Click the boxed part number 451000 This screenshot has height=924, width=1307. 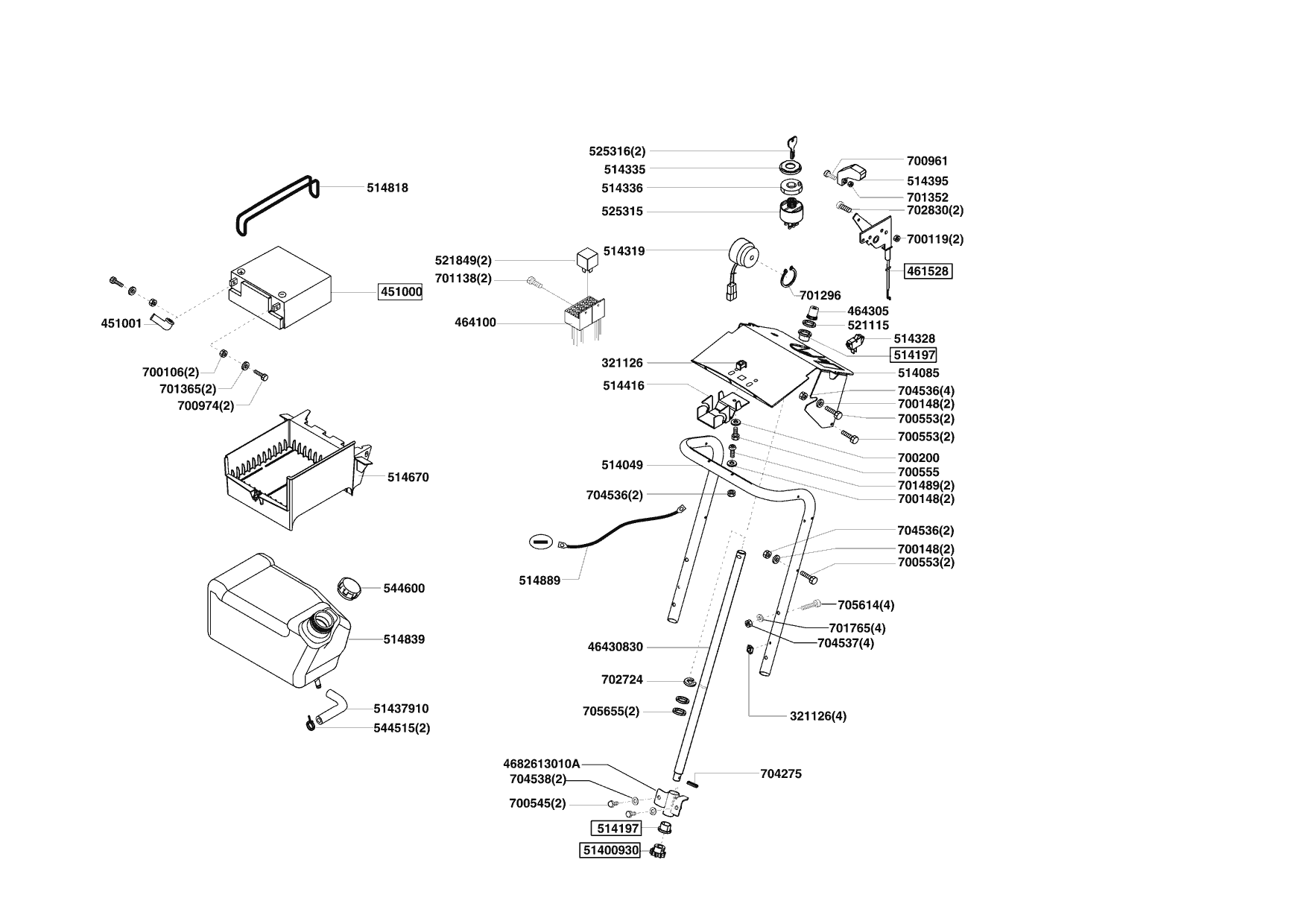coord(401,292)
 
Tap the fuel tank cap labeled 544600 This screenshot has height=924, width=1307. coord(348,586)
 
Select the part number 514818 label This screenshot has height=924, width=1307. coord(387,188)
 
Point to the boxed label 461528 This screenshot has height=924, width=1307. coord(928,271)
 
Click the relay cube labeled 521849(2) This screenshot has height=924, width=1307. coord(586,260)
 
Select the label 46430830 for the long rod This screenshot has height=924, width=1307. coord(615,647)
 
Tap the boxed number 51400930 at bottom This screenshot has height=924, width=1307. coord(610,850)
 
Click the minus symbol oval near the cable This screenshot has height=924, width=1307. coord(542,542)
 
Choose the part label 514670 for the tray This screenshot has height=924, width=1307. coord(408,477)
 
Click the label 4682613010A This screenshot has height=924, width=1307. coord(541,764)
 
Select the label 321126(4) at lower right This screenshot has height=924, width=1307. coord(817,716)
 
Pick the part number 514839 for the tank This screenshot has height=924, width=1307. coord(404,639)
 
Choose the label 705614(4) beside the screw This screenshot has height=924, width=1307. coord(866,605)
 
